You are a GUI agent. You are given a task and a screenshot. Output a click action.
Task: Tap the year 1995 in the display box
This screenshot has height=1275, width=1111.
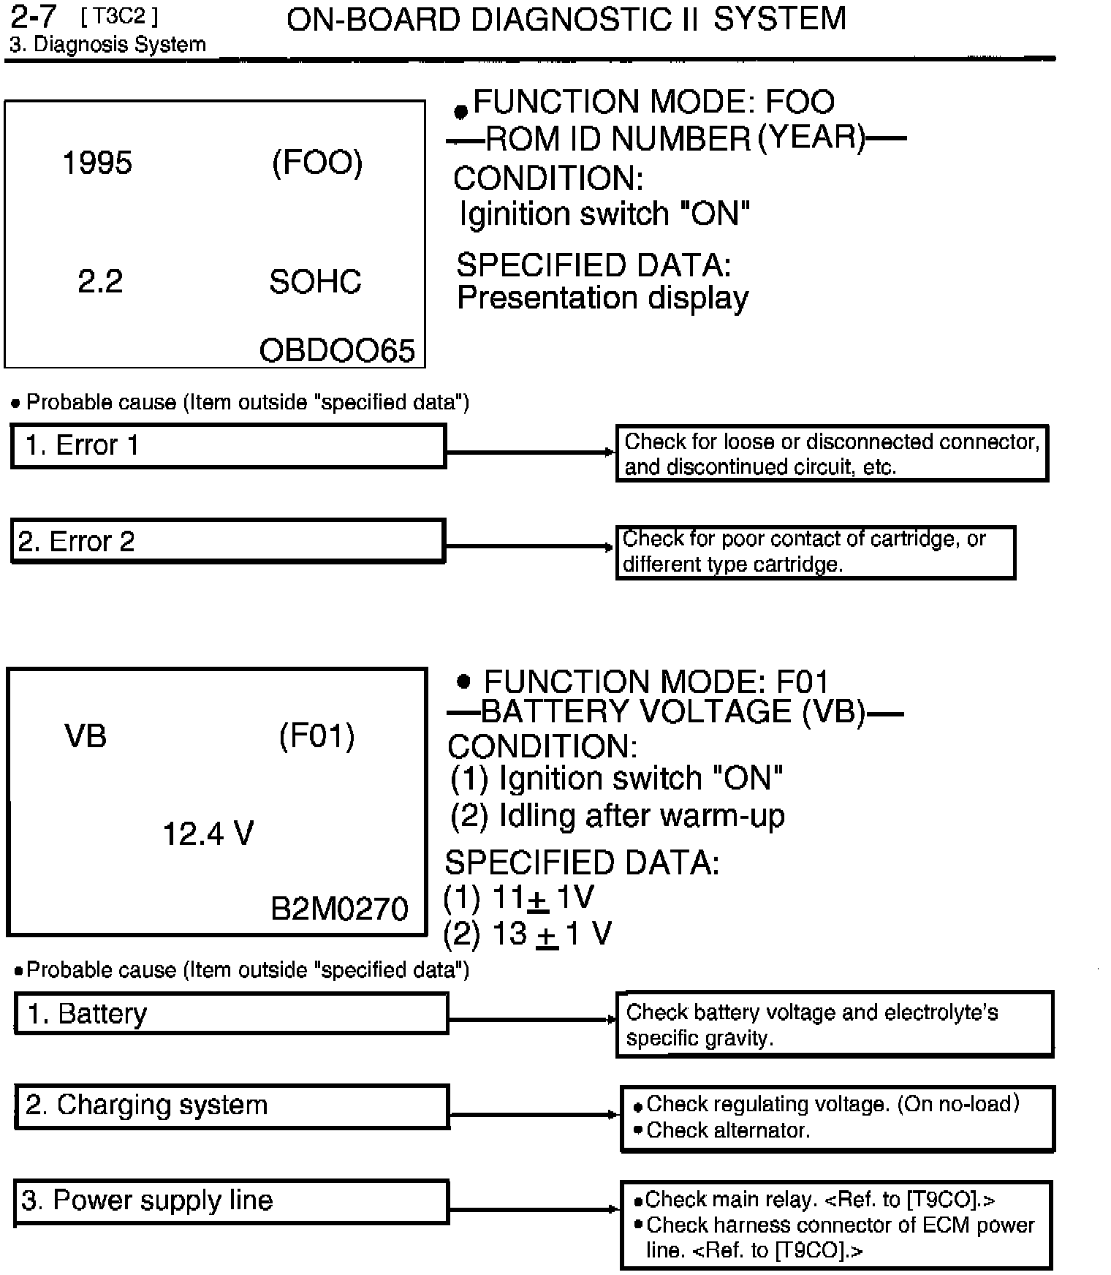point(97,162)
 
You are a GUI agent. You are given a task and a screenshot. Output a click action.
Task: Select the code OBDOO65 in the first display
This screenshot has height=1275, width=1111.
point(337,351)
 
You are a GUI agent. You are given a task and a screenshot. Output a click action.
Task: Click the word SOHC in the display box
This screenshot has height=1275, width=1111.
point(315,281)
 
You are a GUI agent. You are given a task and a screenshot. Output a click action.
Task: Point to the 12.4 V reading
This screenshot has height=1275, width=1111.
point(208,833)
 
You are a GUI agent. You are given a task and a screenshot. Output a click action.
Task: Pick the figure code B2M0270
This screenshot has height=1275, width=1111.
point(339,909)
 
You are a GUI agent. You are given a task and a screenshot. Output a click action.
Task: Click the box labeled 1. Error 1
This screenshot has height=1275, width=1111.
point(228,445)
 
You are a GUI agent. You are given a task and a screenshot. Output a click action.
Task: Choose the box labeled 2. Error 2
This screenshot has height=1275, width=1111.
point(228,541)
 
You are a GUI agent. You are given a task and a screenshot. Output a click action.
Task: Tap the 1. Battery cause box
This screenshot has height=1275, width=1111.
point(231,1013)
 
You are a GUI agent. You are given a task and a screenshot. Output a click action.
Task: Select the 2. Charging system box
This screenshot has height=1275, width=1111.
point(232,1106)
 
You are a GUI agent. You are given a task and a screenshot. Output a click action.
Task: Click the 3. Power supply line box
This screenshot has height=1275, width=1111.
point(231,1201)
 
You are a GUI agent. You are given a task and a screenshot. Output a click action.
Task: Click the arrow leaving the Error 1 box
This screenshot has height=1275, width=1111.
point(530,453)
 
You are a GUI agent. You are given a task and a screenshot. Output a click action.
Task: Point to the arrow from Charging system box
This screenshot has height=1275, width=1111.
point(534,1115)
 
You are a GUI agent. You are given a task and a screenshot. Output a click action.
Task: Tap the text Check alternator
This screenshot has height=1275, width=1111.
point(728,1130)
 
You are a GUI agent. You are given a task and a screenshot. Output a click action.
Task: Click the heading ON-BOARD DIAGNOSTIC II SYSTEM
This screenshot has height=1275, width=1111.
point(566,19)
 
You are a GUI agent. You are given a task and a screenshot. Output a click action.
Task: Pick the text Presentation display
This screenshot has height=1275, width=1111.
point(602,298)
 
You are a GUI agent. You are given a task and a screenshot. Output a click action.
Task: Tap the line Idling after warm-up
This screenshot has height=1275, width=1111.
point(641,816)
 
